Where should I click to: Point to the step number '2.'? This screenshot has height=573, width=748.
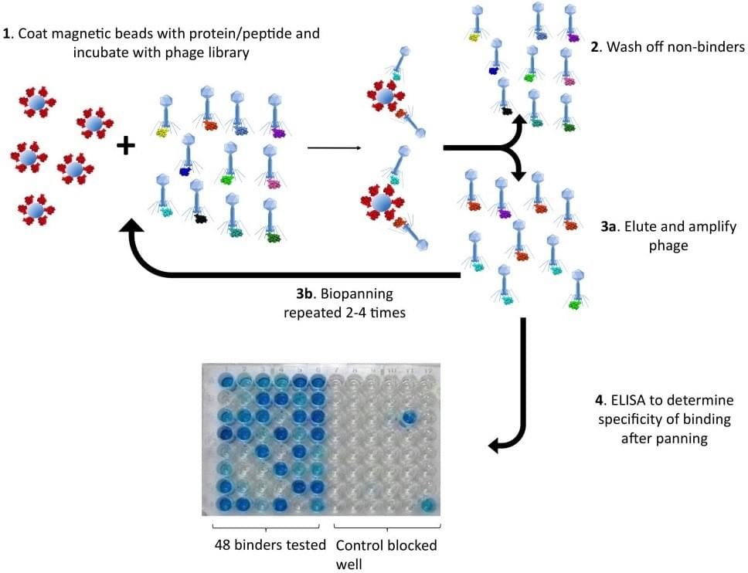[596, 46]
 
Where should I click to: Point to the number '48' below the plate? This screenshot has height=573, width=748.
[223, 545]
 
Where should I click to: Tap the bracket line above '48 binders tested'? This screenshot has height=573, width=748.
[269, 528]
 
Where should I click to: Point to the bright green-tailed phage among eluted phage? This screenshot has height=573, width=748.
[576, 306]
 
